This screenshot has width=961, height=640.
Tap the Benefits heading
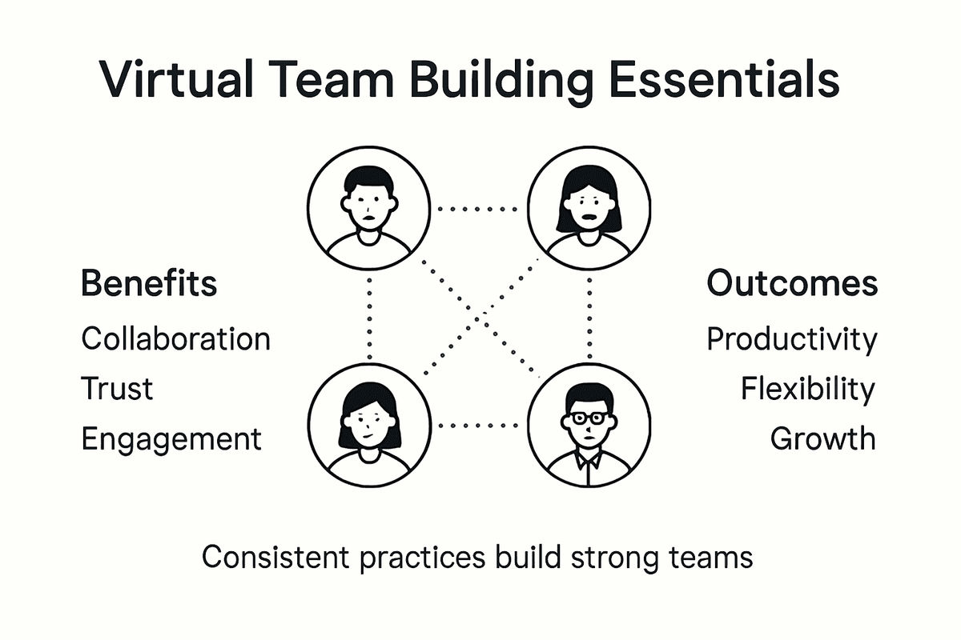click(149, 285)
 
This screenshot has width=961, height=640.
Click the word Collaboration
click(175, 338)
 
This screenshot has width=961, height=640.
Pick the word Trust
click(117, 389)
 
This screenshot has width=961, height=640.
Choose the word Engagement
click(171, 439)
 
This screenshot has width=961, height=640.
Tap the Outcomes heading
click(792, 284)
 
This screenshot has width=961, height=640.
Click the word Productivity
click(792, 339)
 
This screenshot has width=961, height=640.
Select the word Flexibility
click(807, 389)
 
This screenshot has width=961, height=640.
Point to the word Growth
click(822, 438)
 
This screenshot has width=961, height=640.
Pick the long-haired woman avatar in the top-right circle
click(589, 206)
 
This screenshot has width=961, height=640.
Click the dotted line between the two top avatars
click(479, 209)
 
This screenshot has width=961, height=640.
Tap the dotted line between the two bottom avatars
click(479, 426)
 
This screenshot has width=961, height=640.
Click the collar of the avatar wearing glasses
click(589, 461)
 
